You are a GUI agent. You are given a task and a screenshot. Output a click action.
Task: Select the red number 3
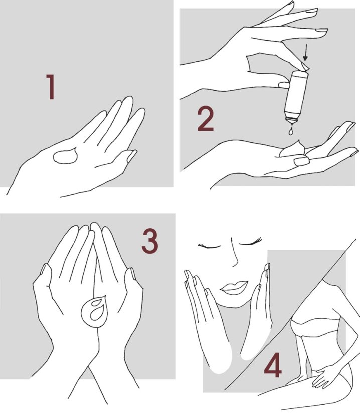coord(150,241)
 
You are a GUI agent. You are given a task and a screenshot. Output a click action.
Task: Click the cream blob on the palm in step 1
coord(65,156)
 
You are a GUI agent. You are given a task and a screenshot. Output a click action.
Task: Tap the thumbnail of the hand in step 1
coord(132,156)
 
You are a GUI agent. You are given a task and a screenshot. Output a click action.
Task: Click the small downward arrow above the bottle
coord(306,52)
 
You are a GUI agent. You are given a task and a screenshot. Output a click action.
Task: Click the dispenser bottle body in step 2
coord(296,95)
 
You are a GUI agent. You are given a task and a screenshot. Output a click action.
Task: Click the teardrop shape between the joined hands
coord(95,311)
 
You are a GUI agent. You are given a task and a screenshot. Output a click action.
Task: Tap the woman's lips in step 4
coord(234,288)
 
